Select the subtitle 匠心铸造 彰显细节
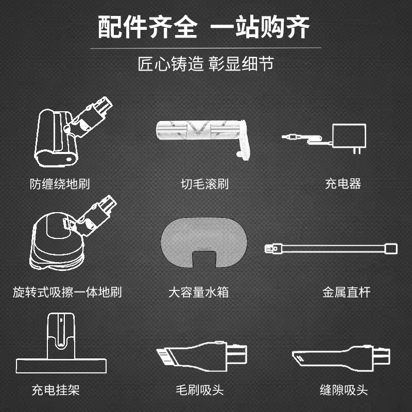coord(206,64)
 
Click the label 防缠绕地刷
coord(60,184)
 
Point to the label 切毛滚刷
coord(204,184)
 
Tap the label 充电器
coord(343,184)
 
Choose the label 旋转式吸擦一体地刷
coord(67,293)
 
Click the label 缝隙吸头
coord(344,390)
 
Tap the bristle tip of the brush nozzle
coord(164,355)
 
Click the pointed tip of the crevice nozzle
coord(298,355)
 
